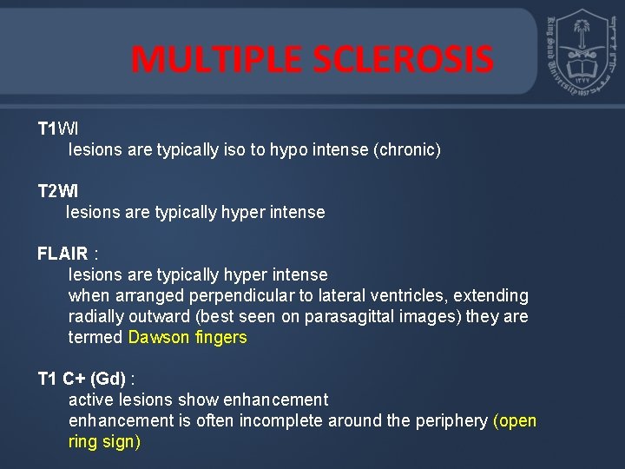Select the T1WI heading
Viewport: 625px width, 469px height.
[57, 129]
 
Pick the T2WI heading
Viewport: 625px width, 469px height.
[57, 191]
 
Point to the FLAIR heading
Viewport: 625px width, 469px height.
[62, 254]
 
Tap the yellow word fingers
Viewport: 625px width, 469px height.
[220, 338]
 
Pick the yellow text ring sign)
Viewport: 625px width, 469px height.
[104, 442]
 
